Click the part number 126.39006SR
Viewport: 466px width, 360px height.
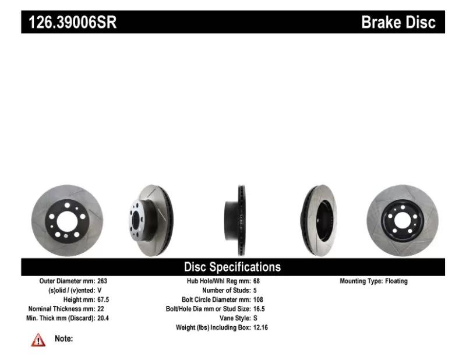[x=72, y=22]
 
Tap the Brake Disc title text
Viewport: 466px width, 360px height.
[x=398, y=22]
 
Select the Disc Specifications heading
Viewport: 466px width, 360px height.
[x=232, y=267]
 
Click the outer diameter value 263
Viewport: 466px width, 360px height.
[x=103, y=281]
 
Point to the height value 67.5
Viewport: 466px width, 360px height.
[x=103, y=299]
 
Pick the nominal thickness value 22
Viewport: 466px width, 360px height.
[x=101, y=309]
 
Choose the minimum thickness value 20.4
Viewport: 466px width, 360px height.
[x=103, y=318]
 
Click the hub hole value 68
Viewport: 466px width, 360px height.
[x=256, y=281]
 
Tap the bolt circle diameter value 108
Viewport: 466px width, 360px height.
[x=258, y=299]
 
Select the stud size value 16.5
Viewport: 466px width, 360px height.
[x=259, y=309]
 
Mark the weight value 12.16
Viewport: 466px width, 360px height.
[x=260, y=327]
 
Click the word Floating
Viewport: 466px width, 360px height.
[x=397, y=281]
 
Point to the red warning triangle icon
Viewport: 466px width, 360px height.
[x=38, y=340]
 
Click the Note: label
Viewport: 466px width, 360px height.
[x=64, y=338]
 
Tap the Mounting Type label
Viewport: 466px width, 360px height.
[x=361, y=281]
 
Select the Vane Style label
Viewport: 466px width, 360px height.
[x=235, y=318]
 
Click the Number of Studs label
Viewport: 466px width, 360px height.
[x=227, y=291]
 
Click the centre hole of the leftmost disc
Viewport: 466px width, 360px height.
[x=67, y=221]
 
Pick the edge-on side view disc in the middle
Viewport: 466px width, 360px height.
[x=235, y=221]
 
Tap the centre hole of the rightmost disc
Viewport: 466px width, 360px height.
[x=403, y=221]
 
